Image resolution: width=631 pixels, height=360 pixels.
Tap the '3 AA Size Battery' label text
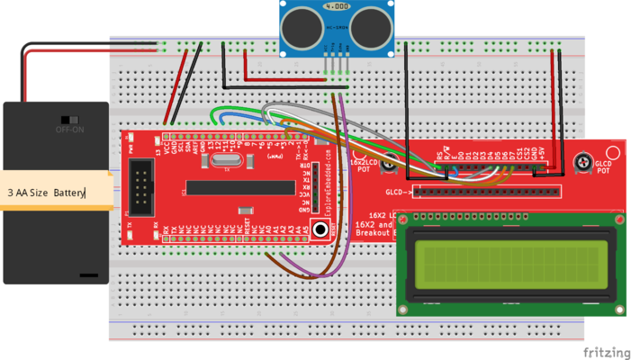point(46,193)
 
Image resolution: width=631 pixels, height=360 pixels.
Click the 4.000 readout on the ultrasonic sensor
point(337,6)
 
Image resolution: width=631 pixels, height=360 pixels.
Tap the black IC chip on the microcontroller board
point(241,187)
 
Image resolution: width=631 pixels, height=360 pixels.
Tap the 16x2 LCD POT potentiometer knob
point(390,163)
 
